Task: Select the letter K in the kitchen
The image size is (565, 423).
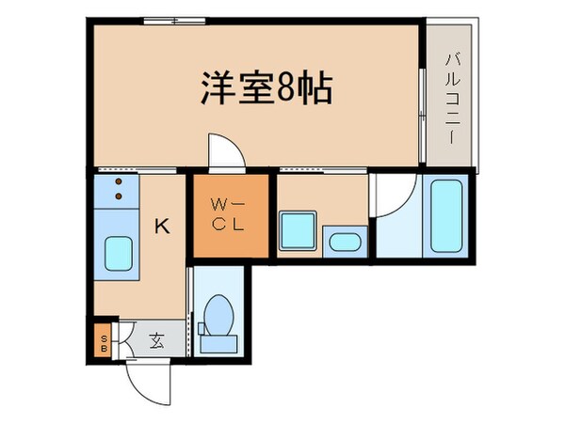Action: pos(162,226)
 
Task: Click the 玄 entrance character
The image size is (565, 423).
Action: pos(156,341)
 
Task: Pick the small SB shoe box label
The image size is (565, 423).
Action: pos(103,341)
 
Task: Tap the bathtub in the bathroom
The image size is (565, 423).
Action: pos(446,215)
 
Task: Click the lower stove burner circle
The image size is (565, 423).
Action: pos(120,196)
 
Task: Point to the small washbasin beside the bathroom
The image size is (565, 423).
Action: pos(344,242)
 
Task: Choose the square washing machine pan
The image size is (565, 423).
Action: pos(299,229)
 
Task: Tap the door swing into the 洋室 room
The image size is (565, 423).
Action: pos(223,150)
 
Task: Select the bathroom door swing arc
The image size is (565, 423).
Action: pos(391,193)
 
